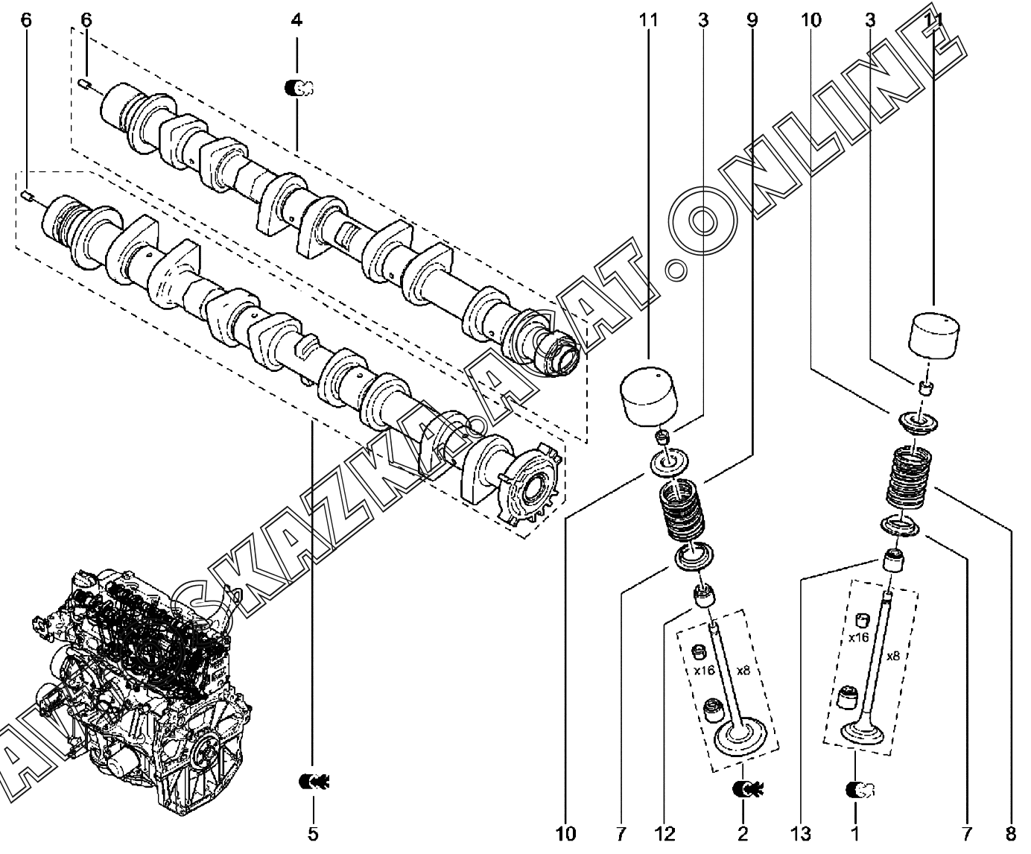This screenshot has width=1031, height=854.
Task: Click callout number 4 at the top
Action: (x=296, y=20)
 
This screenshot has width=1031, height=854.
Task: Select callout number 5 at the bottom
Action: (x=313, y=833)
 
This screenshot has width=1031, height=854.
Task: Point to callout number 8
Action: (x=1010, y=833)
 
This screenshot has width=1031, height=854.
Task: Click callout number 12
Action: (x=664, y=833)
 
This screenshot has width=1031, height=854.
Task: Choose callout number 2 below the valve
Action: (x=743, y=833)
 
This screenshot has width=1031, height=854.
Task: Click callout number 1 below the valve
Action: (x=855, y=833)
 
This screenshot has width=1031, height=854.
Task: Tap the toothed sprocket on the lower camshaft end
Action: (x=530, y=489)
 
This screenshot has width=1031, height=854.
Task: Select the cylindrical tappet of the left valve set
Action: (x=650, y=398)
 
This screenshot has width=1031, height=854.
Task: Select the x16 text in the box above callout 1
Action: (x=859, y=638)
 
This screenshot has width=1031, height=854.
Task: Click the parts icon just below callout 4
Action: (x=299, y=88)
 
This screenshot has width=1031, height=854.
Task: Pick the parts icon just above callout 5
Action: (x=314, y=781)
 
